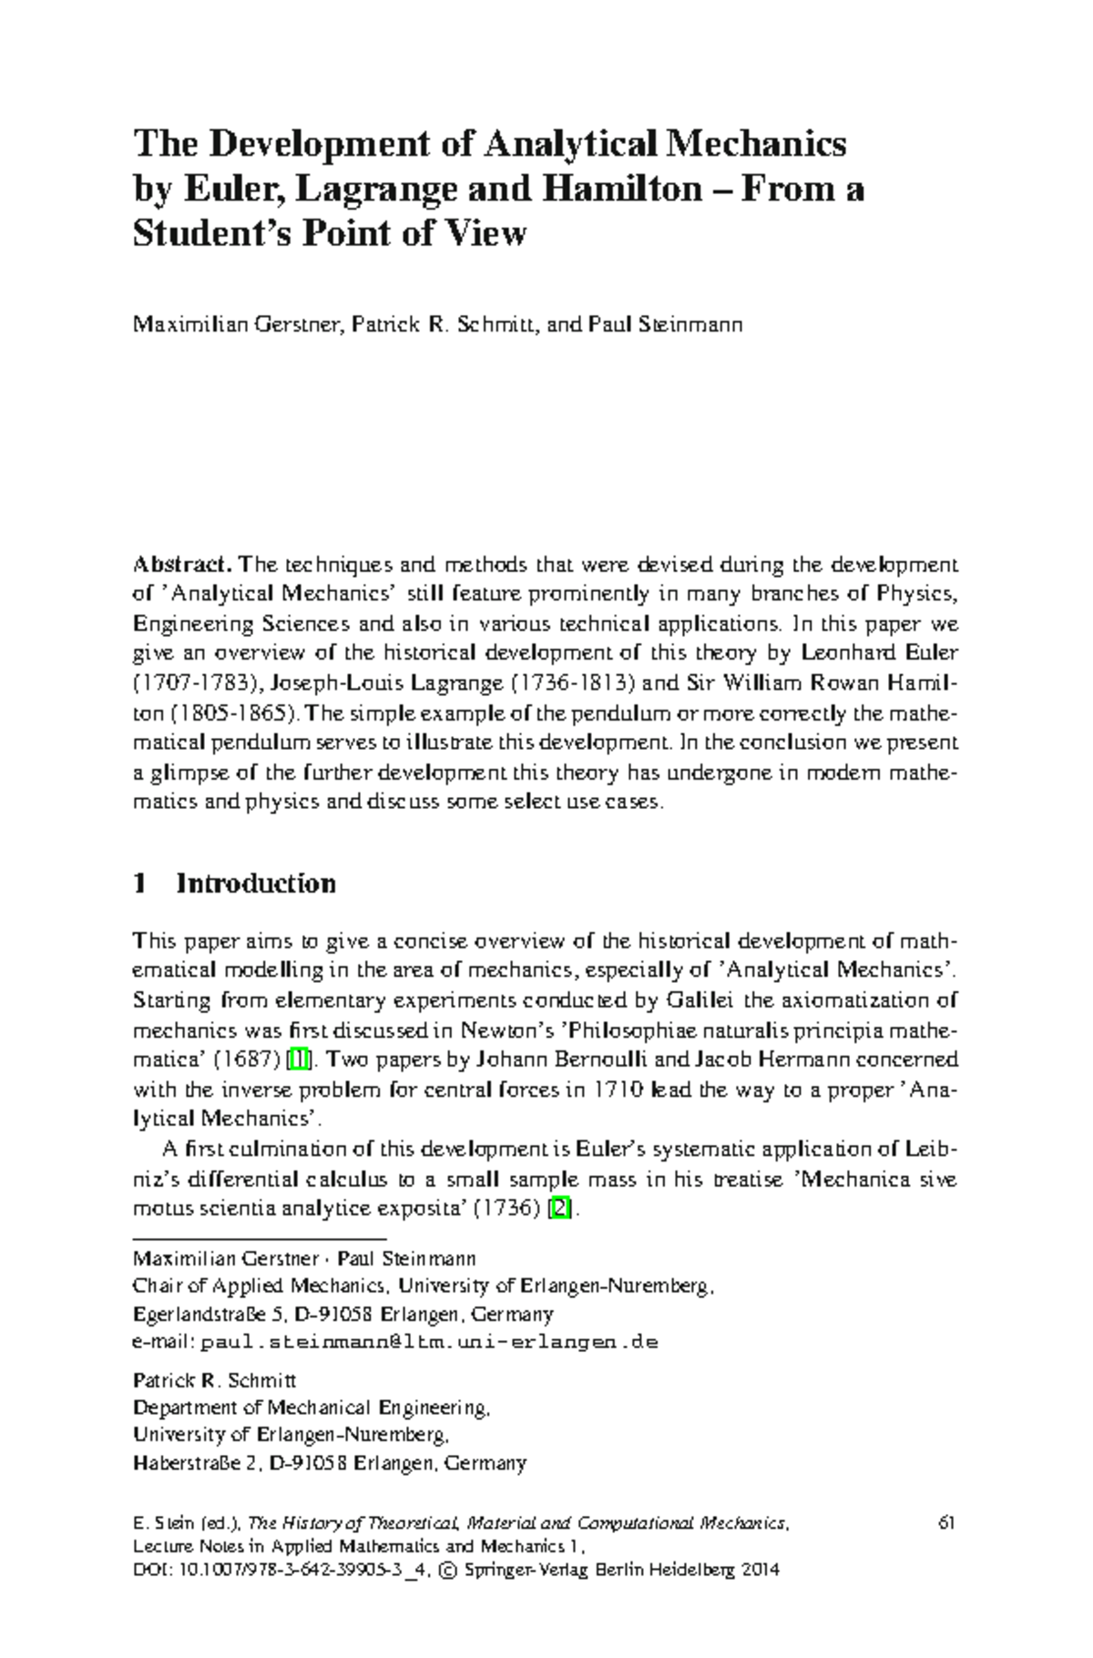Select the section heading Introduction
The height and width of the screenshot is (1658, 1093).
click(255, 884)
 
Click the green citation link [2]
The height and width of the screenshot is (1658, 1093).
click(561, 1210)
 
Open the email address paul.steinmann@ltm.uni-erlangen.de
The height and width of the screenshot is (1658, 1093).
click(428, 1342)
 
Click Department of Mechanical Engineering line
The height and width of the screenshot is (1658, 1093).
click(312, 1407)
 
